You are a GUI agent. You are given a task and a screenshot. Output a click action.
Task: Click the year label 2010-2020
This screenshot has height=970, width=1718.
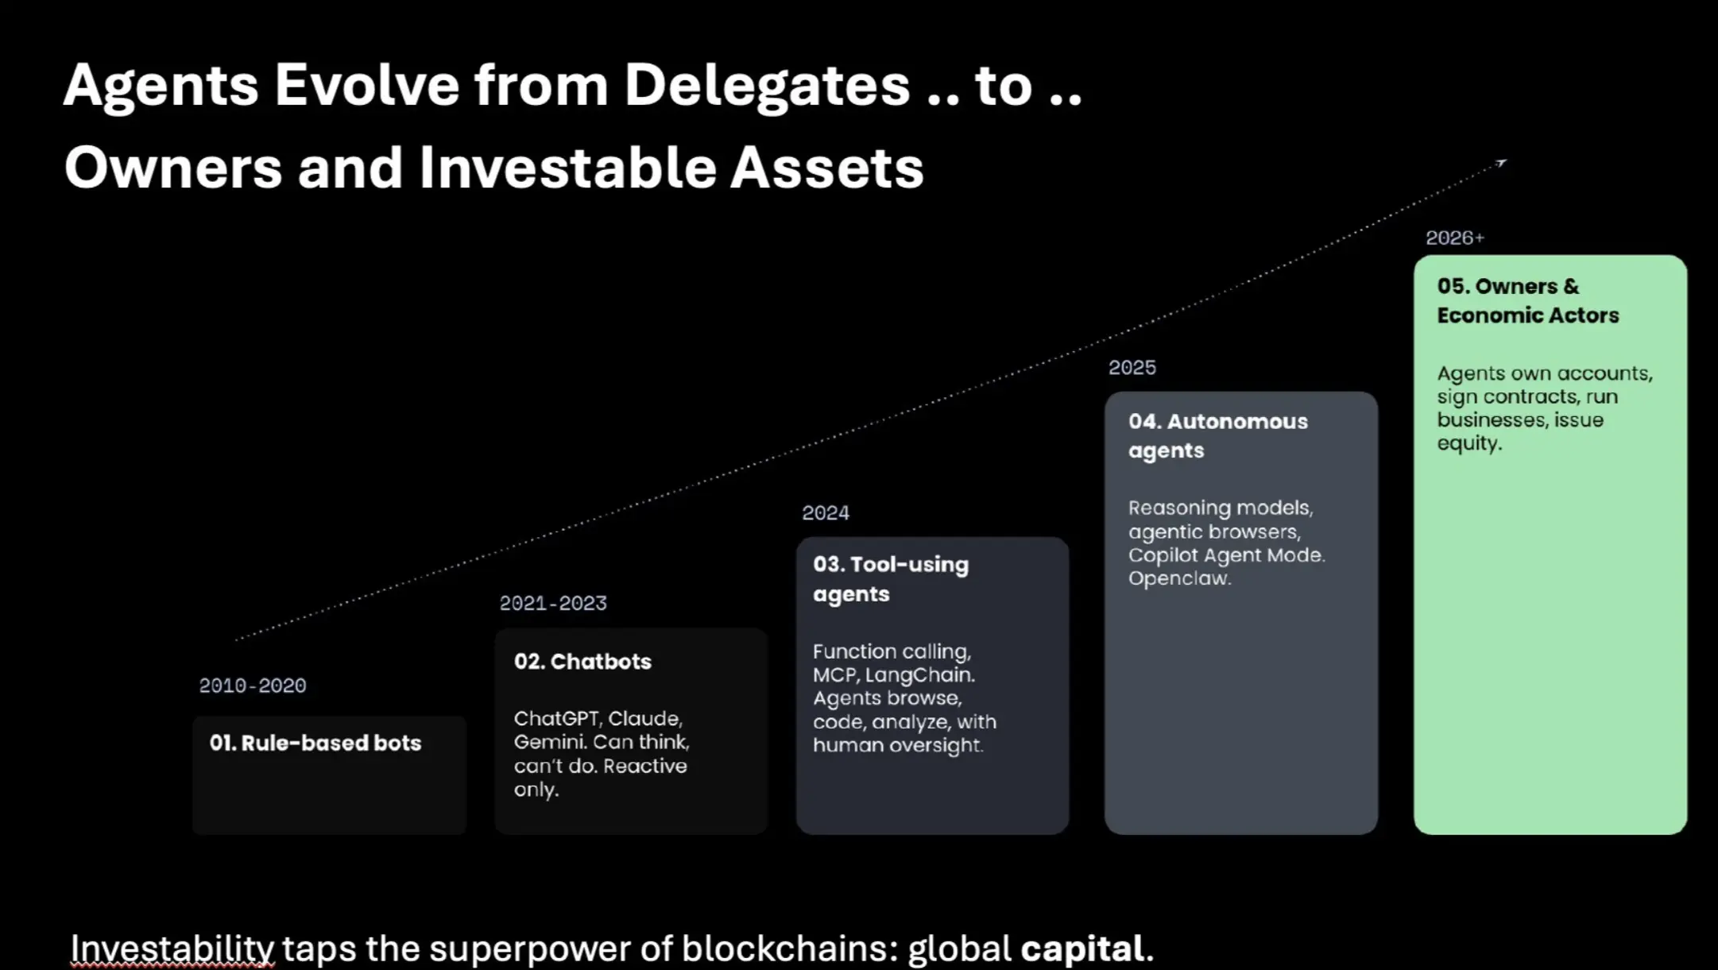[252, 686]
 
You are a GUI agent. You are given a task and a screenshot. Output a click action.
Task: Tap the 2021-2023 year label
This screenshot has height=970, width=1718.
[553, 603]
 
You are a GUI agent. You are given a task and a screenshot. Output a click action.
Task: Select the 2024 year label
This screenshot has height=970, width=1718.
[826, 513]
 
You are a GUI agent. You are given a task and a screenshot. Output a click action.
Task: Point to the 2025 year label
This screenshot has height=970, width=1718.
[1132, 368]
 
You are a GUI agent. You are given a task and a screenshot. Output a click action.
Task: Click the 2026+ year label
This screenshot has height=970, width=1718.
[1455, 238]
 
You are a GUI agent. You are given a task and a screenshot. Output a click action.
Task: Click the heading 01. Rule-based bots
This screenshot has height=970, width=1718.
[315, 743]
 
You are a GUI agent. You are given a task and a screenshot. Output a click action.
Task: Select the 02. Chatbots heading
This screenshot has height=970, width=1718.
[582, 661]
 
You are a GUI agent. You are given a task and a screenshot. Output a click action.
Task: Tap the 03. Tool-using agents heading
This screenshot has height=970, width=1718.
[891, 579]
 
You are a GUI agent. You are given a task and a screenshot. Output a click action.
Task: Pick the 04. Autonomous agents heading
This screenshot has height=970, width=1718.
[1217, 435]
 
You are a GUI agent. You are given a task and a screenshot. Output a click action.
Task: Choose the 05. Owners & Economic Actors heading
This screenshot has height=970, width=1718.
[1527, 300]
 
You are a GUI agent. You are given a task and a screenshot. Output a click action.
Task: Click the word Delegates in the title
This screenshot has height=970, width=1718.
[767, 86]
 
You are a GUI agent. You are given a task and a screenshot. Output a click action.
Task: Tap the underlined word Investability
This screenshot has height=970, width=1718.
[172, 949]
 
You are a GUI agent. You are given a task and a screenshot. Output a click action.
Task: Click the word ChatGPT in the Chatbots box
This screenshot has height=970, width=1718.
[556, 719]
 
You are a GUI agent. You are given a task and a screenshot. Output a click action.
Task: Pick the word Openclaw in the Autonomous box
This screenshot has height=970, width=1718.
[1179, 579]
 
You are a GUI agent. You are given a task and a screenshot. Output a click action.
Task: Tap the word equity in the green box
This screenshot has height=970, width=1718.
[1469, 444]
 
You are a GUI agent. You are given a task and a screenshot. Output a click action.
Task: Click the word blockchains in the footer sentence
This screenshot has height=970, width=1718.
[788, 949]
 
